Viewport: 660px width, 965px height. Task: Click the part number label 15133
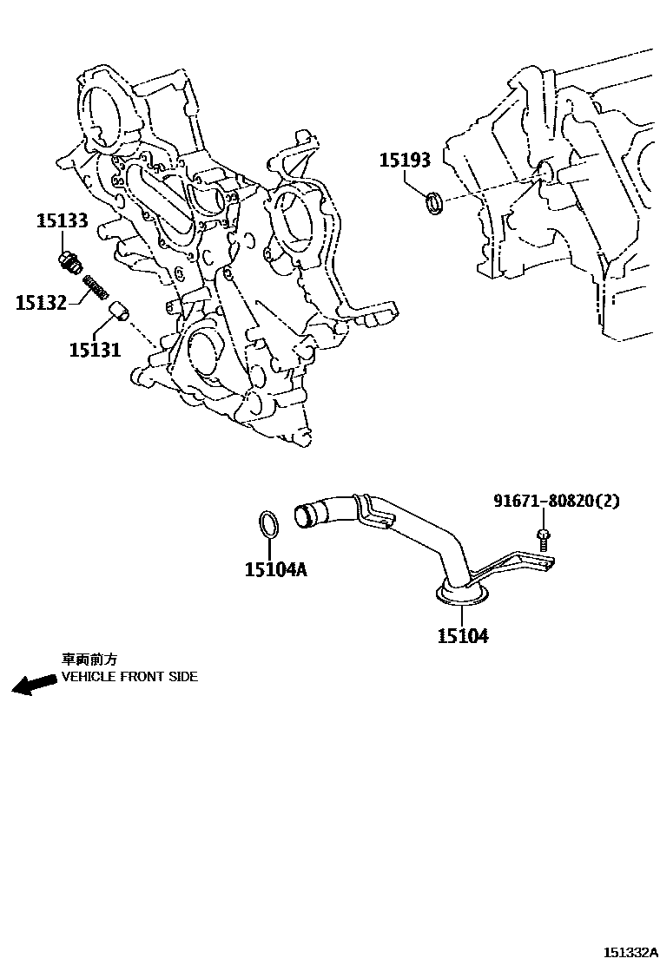(x=62, y=220)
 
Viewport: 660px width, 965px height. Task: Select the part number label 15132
(x=40, y=302)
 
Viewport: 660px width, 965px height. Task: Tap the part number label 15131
(x=95, y=350)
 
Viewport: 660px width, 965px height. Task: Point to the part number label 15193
(x=405, y=161)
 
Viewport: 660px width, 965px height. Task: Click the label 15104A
(x=275, y=569)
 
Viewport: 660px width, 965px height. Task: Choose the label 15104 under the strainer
(x=462, y=636)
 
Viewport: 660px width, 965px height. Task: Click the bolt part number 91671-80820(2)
(x=557, y=501)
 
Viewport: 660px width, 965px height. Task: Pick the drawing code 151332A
(x=631, y=952)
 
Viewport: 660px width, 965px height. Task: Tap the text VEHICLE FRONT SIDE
(x=129, y=677)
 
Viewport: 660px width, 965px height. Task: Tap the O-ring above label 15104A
(x=270, y=525)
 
